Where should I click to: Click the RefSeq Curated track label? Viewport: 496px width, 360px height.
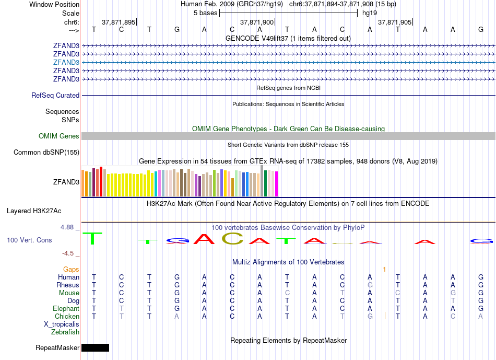coord(55,96)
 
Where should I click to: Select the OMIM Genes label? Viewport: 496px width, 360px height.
coord(59,136)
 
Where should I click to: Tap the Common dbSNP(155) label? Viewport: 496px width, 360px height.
coord(46,153)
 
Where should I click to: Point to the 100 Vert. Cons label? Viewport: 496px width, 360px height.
coord(29,240)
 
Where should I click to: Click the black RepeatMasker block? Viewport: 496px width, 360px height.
coord(95,348)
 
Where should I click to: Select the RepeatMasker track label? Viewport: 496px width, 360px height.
coord(57,348)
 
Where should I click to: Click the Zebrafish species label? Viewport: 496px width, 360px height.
coord(65,332)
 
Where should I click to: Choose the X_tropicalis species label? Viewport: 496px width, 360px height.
coord(62,324)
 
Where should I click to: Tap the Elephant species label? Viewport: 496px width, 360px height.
coord(65,309)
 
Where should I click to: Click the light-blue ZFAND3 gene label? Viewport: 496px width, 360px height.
coord(66,62)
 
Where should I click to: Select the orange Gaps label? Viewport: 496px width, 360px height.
coord(71,270)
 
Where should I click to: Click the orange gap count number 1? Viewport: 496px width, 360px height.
coord(384,270)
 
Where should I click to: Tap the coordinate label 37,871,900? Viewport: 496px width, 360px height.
coord(256,22)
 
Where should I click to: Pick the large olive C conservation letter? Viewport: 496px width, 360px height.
coord(232,239)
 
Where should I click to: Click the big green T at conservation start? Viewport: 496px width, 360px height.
coord(92,238)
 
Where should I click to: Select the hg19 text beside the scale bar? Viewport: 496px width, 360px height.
coord(370,13)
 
